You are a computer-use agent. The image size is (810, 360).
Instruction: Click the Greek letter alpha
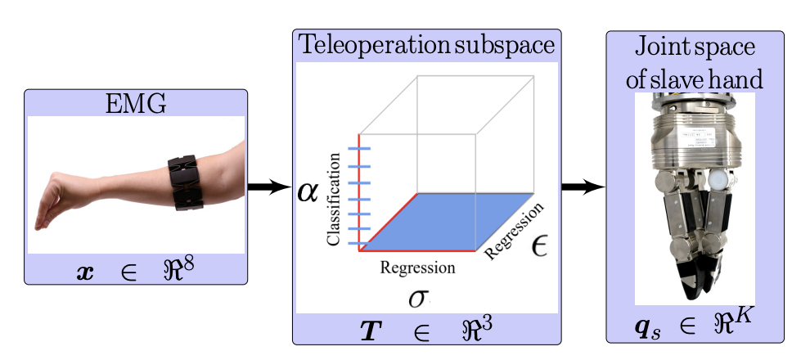[306, 196]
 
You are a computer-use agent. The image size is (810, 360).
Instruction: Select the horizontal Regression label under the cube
[417, 268]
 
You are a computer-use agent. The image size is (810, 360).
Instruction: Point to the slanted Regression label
[514, 232]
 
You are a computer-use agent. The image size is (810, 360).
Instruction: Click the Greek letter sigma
[417, 297]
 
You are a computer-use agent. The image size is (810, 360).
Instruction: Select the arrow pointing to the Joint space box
[583, 188]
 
